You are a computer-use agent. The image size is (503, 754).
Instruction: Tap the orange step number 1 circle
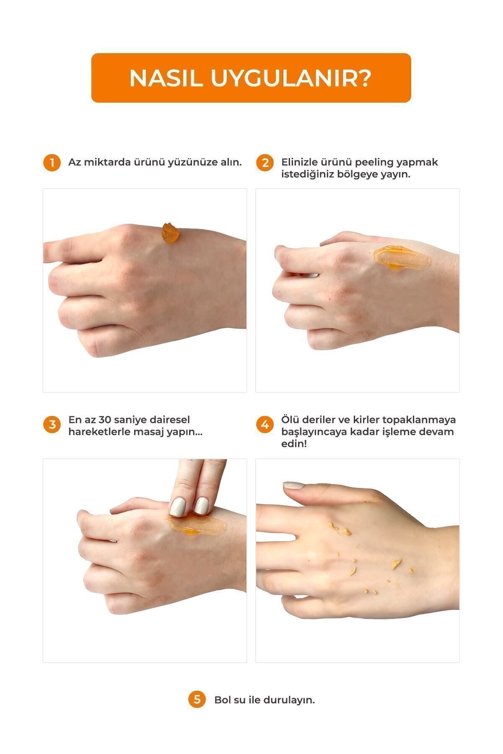[52, 163]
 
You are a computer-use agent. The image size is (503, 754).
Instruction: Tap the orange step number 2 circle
[265, 163]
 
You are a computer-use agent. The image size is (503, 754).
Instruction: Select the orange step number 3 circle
[52, 425]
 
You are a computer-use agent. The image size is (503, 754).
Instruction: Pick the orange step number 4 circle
[265, 425]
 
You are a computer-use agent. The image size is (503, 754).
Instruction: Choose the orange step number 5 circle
[197, 700]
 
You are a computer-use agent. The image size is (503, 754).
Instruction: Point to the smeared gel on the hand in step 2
[402, 258]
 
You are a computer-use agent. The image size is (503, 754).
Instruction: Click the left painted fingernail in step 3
[178, 507]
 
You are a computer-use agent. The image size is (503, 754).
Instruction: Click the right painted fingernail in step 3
[202, 506]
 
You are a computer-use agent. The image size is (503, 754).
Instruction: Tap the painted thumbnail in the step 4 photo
[295, 485]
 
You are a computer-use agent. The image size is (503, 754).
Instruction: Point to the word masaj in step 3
[146, 432]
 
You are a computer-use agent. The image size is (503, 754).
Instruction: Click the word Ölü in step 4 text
[289, 419]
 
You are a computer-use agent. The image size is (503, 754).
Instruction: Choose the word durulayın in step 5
[289, 700]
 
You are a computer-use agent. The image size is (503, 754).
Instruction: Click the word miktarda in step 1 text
[107, 162]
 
